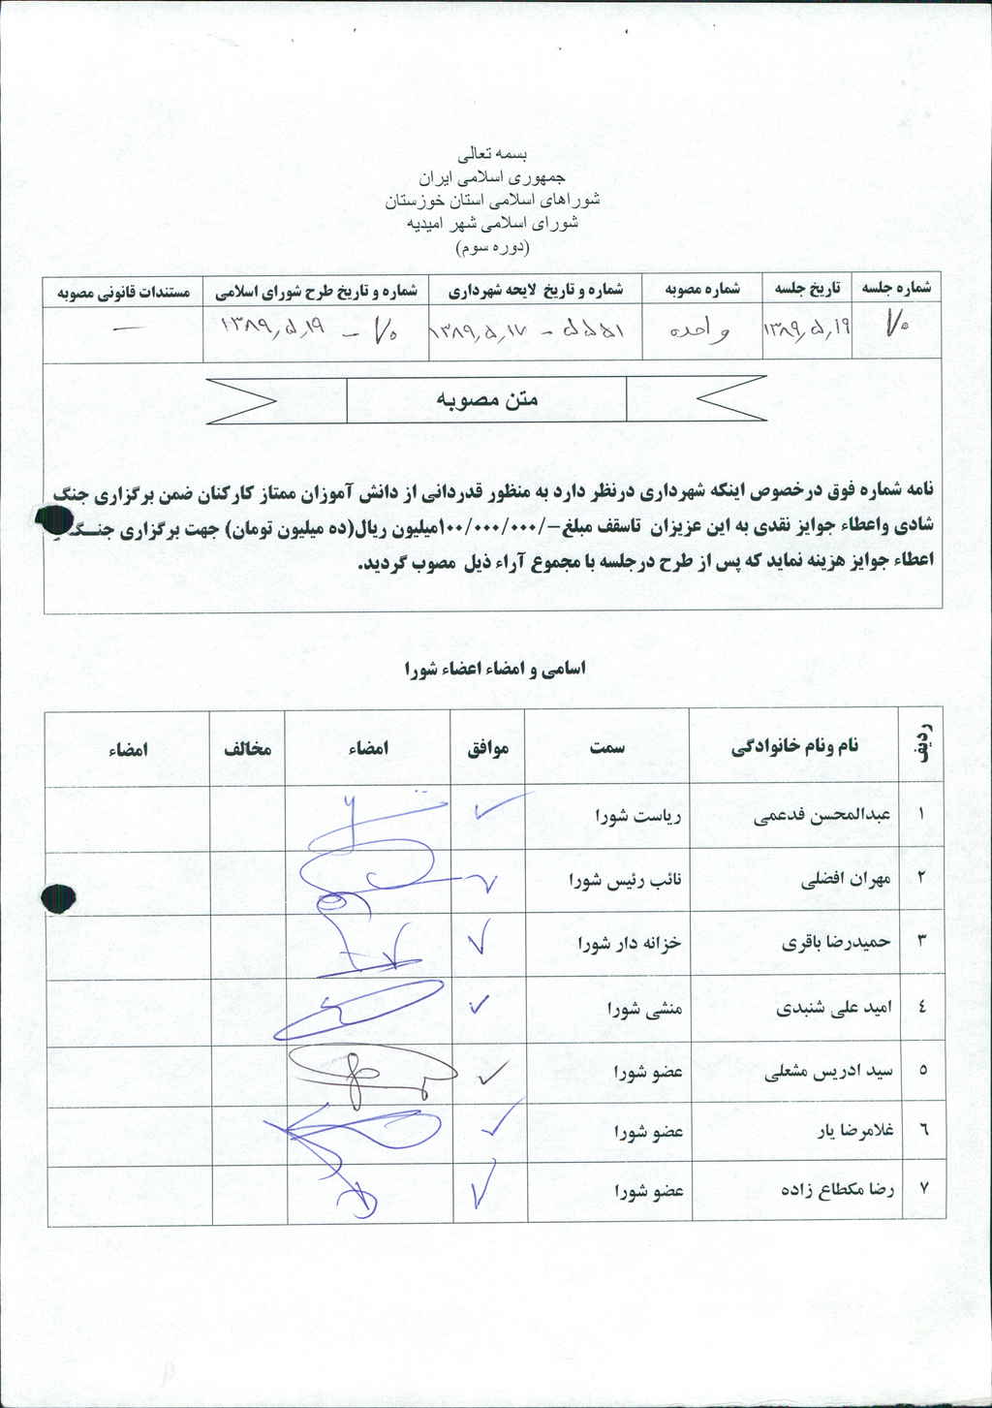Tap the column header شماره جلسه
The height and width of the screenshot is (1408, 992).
pos(896,289)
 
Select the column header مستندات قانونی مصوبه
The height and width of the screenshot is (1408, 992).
pos(123,292)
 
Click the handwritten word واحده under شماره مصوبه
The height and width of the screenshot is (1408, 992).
pos(698,329)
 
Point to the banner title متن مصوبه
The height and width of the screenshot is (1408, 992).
pos(486,399)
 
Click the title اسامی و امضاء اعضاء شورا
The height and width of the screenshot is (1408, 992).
pos(494,670)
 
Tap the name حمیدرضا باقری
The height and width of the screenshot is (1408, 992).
pos(835,943)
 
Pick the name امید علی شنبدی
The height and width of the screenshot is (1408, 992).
pos(833,1008)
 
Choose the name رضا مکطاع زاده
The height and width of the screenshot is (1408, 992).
pos(837,1190)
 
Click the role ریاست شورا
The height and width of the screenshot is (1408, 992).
pos(638,816)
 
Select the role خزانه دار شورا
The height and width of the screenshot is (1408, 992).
pos(630,943)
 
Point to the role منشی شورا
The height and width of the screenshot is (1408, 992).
pos(645,1009)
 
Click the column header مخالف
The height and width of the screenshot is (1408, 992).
pos(248,749)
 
